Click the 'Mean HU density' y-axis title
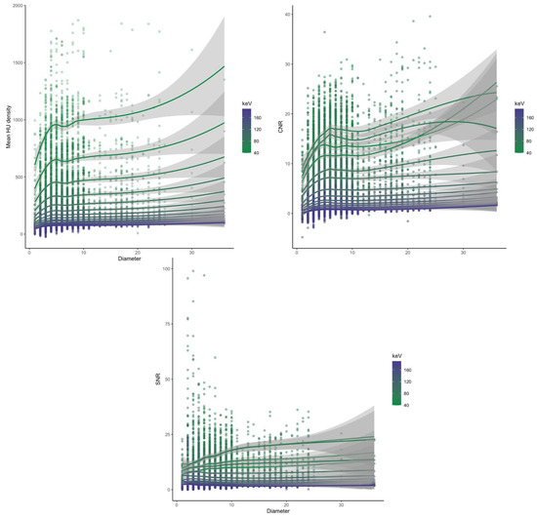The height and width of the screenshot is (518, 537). point(7,123)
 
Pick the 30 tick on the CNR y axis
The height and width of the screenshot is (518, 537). point(287,63)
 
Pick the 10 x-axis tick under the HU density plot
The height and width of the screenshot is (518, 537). point(84,251)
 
